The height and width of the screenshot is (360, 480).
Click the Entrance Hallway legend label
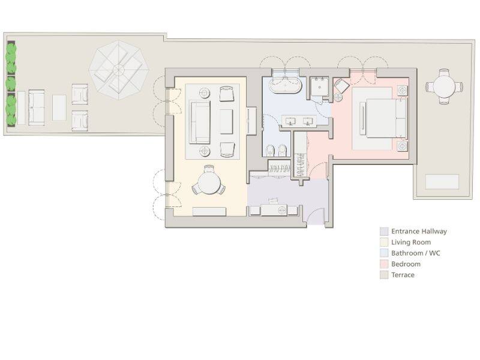click(419, 231)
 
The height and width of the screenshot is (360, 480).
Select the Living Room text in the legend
click(411, 242)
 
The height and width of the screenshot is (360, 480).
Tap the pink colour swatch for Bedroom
click(384, 264)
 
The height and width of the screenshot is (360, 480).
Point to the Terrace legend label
click(403, 275)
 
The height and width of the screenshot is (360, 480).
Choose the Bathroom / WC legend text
click(416, 253)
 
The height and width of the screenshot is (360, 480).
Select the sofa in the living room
click(200, 122)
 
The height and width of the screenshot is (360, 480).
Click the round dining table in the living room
click(209, 181)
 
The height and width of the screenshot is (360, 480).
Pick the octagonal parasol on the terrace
click(119, 70)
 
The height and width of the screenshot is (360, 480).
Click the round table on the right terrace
click(445, 87)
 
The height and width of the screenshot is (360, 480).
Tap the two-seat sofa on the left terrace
click(37, 107)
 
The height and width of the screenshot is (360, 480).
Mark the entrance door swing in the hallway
click(314, 217)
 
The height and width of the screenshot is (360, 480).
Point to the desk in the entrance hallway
click(274, 210)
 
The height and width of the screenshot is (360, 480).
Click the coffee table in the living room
click(226, 121)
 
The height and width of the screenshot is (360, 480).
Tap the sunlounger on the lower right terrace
click(442, 182)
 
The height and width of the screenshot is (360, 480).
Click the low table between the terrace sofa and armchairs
click(59, 107)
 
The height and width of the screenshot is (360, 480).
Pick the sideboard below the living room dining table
click(209, 211)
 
